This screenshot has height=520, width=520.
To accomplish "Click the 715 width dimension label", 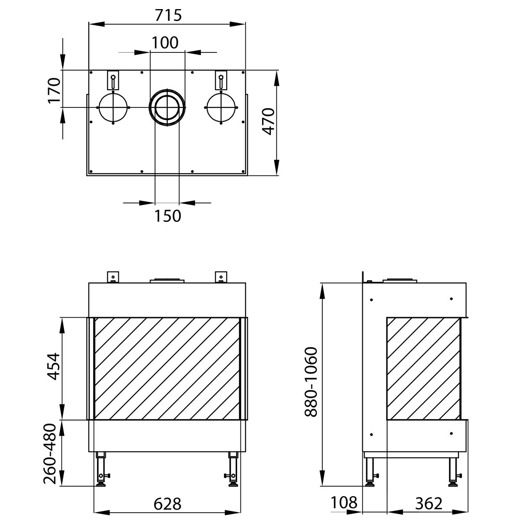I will click(x=167, y=15).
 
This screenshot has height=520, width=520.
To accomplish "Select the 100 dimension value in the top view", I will click(x=165, y=42).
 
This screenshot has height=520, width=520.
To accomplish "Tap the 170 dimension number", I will click(x=54, y=90).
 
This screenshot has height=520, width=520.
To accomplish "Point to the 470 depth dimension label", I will click(x=269, y=121).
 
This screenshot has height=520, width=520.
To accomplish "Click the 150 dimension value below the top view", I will click(x=167, y=216).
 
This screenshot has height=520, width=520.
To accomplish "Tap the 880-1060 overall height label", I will click(x=311, y=382).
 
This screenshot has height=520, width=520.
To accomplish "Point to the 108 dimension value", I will click(x=344, y=503).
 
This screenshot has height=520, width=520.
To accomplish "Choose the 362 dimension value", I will click(x=429, y=504).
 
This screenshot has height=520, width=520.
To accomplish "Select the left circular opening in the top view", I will click(x=113, y=107).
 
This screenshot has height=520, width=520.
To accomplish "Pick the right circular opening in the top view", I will click(x=221, y=107).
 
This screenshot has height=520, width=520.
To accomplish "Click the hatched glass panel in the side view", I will click(x=423, y=368).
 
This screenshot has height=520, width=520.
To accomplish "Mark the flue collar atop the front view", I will click(x=167, y=280).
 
